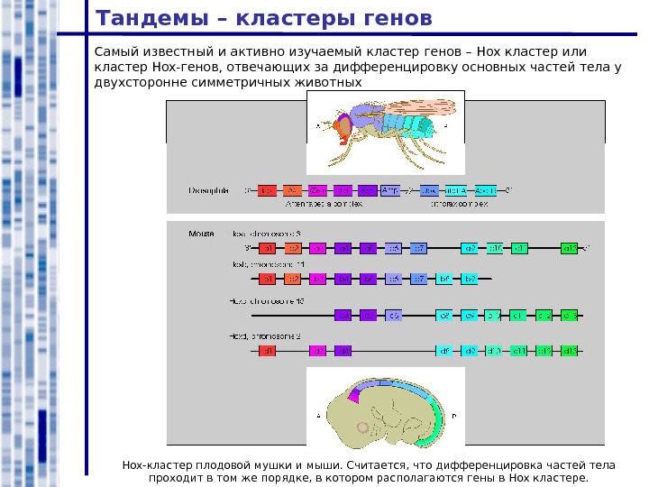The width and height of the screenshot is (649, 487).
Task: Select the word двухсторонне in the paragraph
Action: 140,82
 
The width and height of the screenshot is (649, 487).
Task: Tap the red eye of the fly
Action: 344,128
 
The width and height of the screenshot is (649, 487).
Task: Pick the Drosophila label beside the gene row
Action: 208,190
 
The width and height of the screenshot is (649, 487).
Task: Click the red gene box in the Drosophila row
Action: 267,190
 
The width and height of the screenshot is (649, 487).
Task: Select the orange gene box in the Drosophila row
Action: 292,190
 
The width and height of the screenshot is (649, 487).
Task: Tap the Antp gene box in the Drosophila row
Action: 390,190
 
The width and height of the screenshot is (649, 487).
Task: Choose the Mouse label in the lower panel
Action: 201,233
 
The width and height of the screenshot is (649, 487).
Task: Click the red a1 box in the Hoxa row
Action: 267,248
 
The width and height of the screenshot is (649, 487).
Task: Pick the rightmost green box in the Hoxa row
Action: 569,248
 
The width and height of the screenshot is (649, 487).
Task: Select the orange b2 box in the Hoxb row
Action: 292,280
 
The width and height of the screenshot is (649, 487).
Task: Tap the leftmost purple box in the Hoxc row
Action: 343,316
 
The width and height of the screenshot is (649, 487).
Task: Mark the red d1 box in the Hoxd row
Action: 267,351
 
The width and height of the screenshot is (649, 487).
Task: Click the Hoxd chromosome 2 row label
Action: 265,335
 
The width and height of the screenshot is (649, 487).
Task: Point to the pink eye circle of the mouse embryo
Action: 363,427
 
